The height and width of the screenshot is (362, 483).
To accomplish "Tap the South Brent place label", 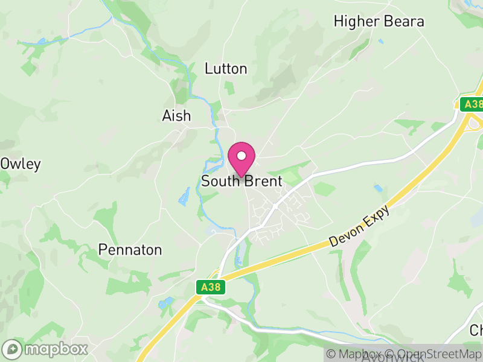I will pyautogui.click(x=241, y=181).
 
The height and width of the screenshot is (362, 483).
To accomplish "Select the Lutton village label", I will pyautogui.click(x=226, y=69).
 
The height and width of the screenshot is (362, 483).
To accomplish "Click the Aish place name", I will pyautogui.click(x=176, y=116).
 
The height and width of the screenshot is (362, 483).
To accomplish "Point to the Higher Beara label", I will pyautogui.click(x=379, y=22).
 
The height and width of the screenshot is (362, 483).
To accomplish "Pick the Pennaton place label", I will pyautogui.click(x=130, y=250).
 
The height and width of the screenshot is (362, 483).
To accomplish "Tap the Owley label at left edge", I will pyautogui.click(x=21, y=164).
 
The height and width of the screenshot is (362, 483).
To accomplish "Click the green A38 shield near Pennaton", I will pyautogui.click(x=211, y=288).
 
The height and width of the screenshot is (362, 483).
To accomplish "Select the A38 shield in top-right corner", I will pyautogui.click(x=472, y=104).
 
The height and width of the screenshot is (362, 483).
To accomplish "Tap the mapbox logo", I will pyautogui.click(x=45, y=349).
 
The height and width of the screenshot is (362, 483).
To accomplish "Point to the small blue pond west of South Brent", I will pyautogui.click(x=184, y=196).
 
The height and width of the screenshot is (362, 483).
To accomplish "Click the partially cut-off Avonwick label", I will pyautogui.click(x=392, y=358).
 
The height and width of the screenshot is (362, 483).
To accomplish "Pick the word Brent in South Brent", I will pyautogui.click(x=263, y=181).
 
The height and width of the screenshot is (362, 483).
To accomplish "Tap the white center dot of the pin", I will pyautogui.click(x=241, y=156).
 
